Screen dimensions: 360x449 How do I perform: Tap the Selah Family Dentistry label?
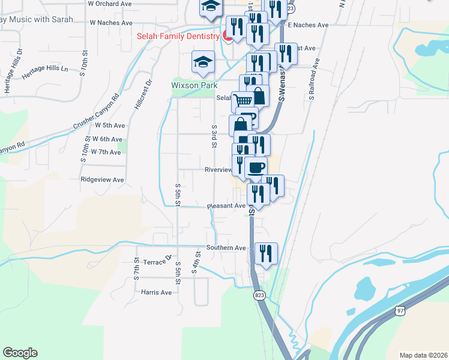(x=178, y=37)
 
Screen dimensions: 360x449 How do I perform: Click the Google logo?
(x=20, y=353)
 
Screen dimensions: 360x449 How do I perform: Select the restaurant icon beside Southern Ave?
(x=265, y=253)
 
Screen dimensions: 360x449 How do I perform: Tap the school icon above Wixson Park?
(x=203, y=62)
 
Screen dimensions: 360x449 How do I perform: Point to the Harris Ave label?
(x=157, y=292)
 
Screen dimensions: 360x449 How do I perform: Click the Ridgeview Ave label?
(x=102, y=179)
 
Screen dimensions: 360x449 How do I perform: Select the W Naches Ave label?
(x=110, y=22)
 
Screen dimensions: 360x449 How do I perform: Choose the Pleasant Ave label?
(x=226, y=206)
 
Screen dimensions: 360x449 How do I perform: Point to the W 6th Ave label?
(x=107, y=139)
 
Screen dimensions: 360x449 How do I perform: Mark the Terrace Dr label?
(x=157, y=261)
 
